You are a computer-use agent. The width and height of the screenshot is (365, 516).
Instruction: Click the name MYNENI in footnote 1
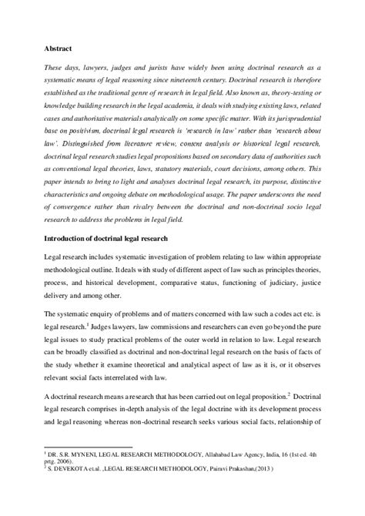[83, 457]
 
